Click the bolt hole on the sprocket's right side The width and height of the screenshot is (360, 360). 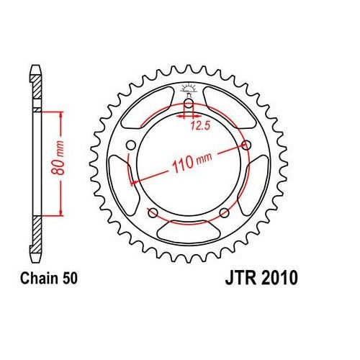tap(248, 145)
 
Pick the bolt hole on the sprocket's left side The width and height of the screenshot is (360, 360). tap(130, 146)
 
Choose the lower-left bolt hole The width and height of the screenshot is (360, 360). tap(153, 212)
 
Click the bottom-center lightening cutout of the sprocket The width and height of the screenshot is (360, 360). tap(189, 233)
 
